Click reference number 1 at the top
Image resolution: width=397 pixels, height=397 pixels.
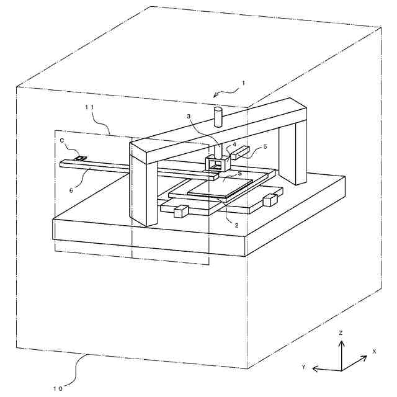coord(244,83)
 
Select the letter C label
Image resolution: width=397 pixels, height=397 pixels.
coord(63,141)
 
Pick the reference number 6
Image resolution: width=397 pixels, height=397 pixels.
coord(71,190)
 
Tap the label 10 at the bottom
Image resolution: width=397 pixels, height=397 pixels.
coord(58,389)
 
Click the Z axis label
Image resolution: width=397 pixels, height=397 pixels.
coord(341,333)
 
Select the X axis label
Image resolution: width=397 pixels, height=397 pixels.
coord(374,351)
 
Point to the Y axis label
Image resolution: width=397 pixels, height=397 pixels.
coord(304,367)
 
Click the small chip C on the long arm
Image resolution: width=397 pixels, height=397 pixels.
coord(80,159)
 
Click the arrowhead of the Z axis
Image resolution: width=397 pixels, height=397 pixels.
coord(341,342)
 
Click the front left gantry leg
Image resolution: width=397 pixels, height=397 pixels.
coord(143,186)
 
